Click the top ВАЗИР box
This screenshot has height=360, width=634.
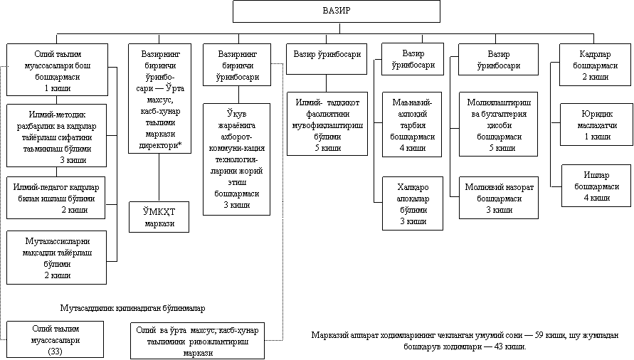(x=337, y=11)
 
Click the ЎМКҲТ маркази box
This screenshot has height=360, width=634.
(x=161, y=217)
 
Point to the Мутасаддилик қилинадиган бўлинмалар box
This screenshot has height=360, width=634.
(x=133, y=308)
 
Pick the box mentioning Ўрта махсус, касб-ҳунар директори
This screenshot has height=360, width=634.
(x=161, y=98)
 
